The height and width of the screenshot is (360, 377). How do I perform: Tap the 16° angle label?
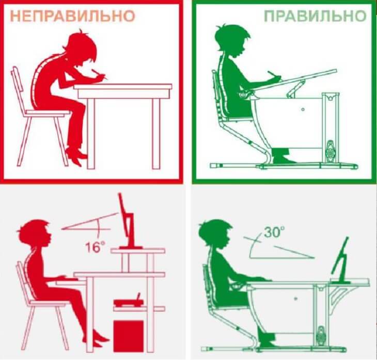tap(94, 245)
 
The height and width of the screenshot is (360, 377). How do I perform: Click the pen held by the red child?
tap(100, 75)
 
